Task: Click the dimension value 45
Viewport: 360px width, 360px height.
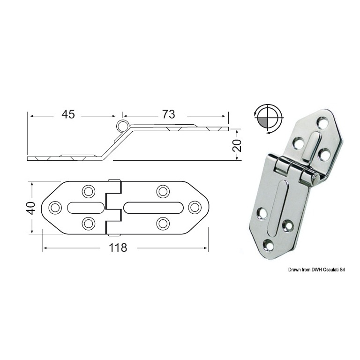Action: [68, 114]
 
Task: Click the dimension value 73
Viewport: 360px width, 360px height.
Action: [168, 114]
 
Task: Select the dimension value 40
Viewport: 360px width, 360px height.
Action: [31, 208]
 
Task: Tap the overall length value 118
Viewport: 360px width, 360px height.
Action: [118, 247]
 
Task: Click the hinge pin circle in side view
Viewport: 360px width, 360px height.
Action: [122, 126]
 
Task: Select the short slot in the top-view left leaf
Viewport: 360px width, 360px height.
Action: [86, 207]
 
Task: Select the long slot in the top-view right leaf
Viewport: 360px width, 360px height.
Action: [153, 207]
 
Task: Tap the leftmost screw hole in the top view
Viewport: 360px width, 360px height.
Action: [55, 208]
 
